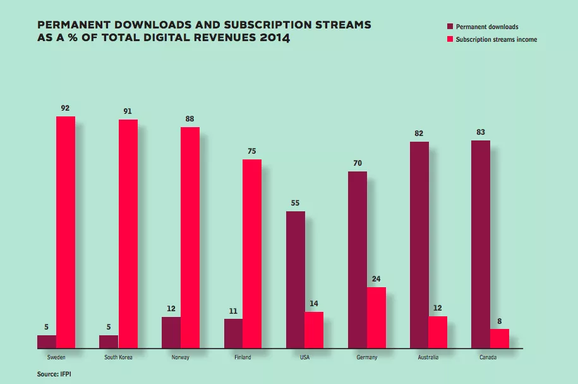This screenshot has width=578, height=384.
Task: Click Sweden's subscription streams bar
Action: tap(66, 232)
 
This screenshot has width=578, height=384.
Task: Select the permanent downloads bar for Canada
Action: tap(481, 244)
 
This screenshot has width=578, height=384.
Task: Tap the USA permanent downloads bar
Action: tap(295, 280)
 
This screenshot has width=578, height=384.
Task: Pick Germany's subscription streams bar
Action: tap(376, 318)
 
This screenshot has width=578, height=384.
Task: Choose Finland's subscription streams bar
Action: tap(252, 254)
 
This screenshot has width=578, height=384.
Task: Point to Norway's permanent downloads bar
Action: tap(171, 332)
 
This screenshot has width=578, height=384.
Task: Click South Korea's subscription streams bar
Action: tap(128, 233)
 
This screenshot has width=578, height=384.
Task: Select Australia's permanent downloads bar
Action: tap(419, 245)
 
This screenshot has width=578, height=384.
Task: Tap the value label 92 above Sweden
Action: tap(65, 108)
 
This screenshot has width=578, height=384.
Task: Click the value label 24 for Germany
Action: tap(376, 279)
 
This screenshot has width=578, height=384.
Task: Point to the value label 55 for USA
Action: tap(296, 203)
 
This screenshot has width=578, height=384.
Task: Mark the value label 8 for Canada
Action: tap(500, 321)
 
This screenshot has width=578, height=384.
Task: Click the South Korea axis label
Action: tap(118, 357)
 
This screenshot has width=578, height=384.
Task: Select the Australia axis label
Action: tap(428, 357)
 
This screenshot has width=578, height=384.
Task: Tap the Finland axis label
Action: tap(243, 357)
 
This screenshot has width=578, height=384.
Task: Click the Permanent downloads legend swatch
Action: tap(450, 27)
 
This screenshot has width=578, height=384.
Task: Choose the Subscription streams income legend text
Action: tap(496, 39)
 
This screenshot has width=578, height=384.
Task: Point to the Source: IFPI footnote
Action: tap(54, 375)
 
